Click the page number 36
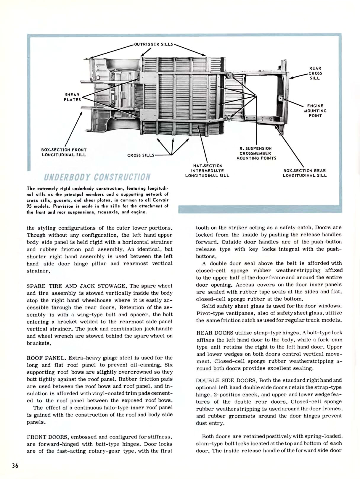15,465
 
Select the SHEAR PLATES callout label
73,97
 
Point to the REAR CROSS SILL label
315,73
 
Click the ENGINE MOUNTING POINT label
315,111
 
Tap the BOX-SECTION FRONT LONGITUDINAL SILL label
64,152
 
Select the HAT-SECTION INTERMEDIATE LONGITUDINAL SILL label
207,171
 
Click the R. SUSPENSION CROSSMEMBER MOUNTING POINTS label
256,153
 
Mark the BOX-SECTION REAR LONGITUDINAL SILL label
305,173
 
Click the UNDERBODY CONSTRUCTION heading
97,177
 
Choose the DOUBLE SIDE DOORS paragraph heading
226,380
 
